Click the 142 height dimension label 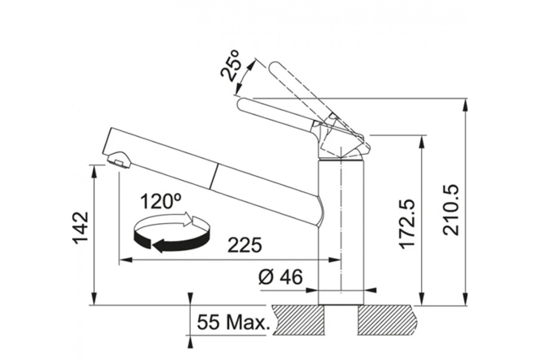81,228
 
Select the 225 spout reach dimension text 244,245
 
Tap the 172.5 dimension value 407,223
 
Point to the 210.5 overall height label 451,210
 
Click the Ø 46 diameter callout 281,277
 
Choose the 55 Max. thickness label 233,323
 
